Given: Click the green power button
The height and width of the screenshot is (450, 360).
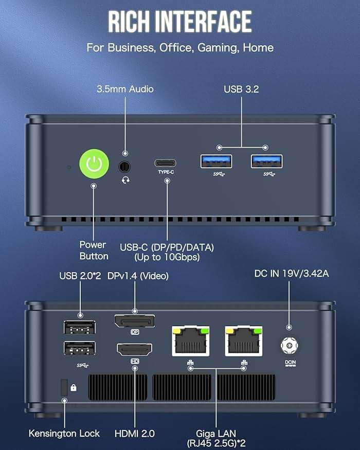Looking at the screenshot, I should pyautogui.click(x=94, y=164).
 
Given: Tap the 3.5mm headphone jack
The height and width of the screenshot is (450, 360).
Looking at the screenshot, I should pyautogui.click(x=124, y=167).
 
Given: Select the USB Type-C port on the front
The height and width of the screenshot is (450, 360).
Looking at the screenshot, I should pyautogui.click(x=166, y=163).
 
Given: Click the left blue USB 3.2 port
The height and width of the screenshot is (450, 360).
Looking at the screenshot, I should pyautogui.click(x=216, y=161).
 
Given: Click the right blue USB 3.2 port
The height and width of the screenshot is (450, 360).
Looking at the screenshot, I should pyautogui.click(x=266, y=161).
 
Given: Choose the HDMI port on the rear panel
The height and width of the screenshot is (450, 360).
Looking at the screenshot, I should pyautogui.click(x=135, y=350).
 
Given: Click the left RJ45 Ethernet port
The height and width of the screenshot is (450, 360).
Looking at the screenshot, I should pyautogui.click(x=191, y=341).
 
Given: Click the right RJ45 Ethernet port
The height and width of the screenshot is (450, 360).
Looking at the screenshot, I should pyautogui.click(x=244, y=341).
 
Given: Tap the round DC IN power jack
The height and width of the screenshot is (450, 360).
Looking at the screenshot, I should pyautogui.click(x=290, y=346).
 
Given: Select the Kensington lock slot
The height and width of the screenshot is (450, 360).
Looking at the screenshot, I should pyautogui.click(x=64, y=387).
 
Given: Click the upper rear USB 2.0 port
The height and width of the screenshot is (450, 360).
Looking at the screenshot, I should pyautogui.click(x=79, y=327).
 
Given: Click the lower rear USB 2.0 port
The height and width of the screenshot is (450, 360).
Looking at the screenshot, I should pyautogui.click(x=79, y=348).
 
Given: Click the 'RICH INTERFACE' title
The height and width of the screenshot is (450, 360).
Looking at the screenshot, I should pyautogui.click(x=179, y=22).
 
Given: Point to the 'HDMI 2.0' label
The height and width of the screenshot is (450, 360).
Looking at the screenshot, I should pyautogui.click(x=135, y=433).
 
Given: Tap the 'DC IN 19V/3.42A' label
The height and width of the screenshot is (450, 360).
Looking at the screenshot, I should pyautogui.click(x=292, y=274).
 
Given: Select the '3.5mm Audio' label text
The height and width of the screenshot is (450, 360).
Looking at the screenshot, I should pyautogui.click(x=125, y=89).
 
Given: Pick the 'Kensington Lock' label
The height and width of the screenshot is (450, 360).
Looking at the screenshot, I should pyautogui.click(x=64, y=433).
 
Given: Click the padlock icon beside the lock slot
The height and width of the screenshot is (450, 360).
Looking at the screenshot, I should pyautogui.click(x=74, y=387).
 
